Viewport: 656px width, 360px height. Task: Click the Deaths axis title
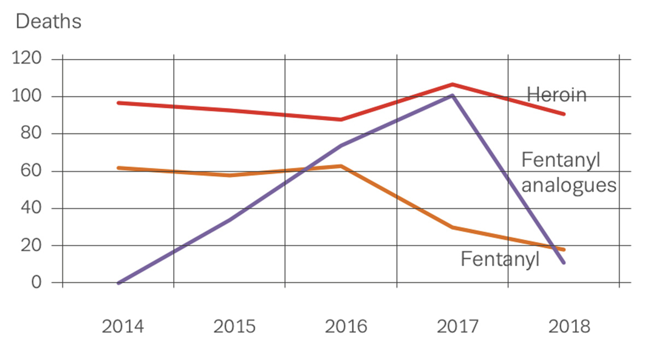[48, 21]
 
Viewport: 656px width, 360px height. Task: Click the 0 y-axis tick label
[35, 283]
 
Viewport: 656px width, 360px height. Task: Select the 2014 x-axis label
[123, 327]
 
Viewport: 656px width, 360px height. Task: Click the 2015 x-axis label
[234, 327]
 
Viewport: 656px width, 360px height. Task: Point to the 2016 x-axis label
[346, 327]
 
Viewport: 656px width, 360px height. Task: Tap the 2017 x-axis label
[457, 327]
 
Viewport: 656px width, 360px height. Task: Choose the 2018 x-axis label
[569, 327]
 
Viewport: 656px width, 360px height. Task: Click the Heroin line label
[556, 95]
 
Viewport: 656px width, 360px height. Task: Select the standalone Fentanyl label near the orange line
[500, 259]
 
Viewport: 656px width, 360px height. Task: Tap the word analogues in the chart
[569, 185]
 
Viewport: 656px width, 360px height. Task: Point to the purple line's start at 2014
[118, 283]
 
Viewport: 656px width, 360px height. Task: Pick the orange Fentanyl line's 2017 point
[453, 228]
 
